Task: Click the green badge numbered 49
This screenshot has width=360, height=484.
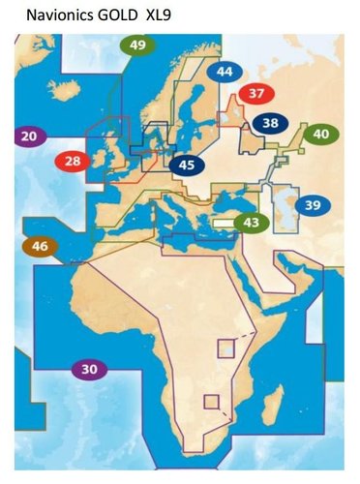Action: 137,45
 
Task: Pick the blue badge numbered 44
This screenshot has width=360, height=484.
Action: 225,72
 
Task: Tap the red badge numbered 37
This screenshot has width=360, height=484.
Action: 255,94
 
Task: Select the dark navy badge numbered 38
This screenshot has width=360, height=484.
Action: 270,123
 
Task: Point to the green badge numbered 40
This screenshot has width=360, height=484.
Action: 320,134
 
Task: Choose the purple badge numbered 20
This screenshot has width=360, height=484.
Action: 28,137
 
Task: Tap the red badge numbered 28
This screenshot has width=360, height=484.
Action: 73,161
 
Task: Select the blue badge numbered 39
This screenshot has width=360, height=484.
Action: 312,205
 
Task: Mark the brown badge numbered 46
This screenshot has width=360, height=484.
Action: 40,247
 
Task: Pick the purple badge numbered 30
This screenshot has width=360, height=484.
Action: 89,369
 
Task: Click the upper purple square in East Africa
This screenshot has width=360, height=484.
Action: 225,348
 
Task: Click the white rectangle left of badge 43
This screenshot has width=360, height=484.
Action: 224,222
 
